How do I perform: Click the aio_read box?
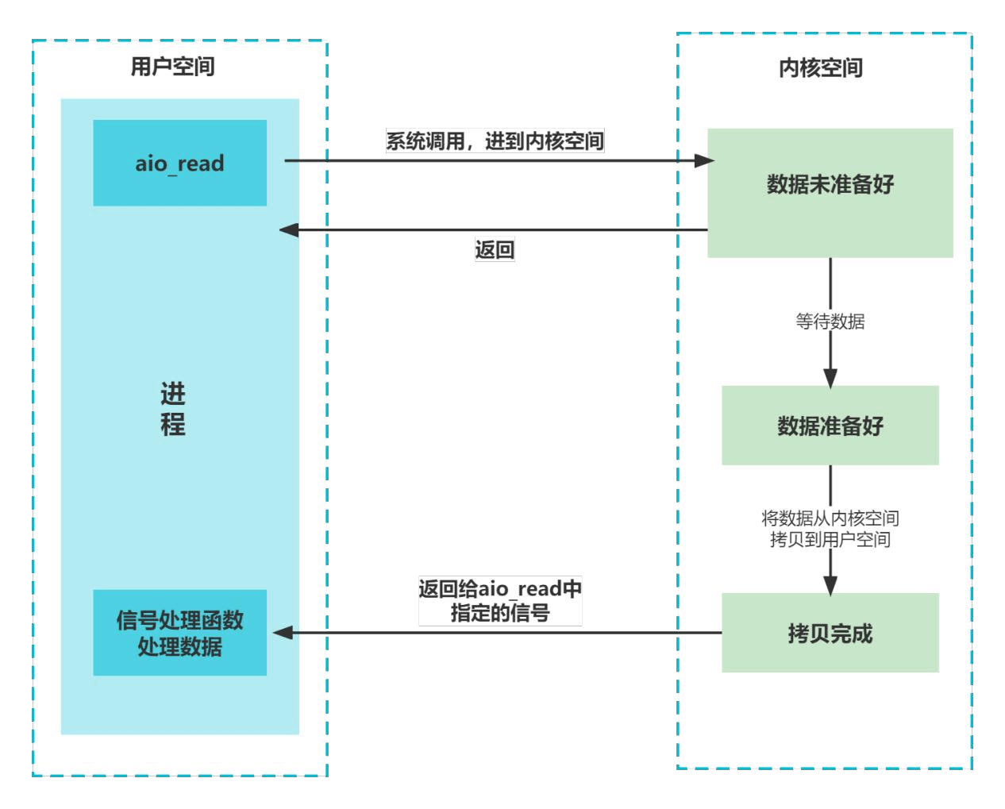click(x=179, y=163)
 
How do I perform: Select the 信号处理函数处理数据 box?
click(x=179, y=633)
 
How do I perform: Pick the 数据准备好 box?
click(x=830, y=426)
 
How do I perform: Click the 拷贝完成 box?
click(x=830, y=633)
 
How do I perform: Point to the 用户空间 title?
click(x=172, y=67)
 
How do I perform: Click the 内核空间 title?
click(x=820, y=68)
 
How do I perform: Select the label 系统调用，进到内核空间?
click(x=495, y=141)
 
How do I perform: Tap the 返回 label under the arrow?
click(x=495, y=250)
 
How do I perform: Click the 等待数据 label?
click(x=830, y=322)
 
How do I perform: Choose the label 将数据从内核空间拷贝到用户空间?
click(x=830, y=529)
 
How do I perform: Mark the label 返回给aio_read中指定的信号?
click(x=500, y=600)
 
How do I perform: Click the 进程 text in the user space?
click(x=172, y=409)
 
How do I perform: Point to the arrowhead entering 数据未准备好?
click(x=704, y=161)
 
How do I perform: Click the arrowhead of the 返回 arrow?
click(x=289, y=230)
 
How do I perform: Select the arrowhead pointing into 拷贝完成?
click(x=830, y=585)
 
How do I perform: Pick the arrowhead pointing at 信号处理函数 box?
click(x=283, y=633)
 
